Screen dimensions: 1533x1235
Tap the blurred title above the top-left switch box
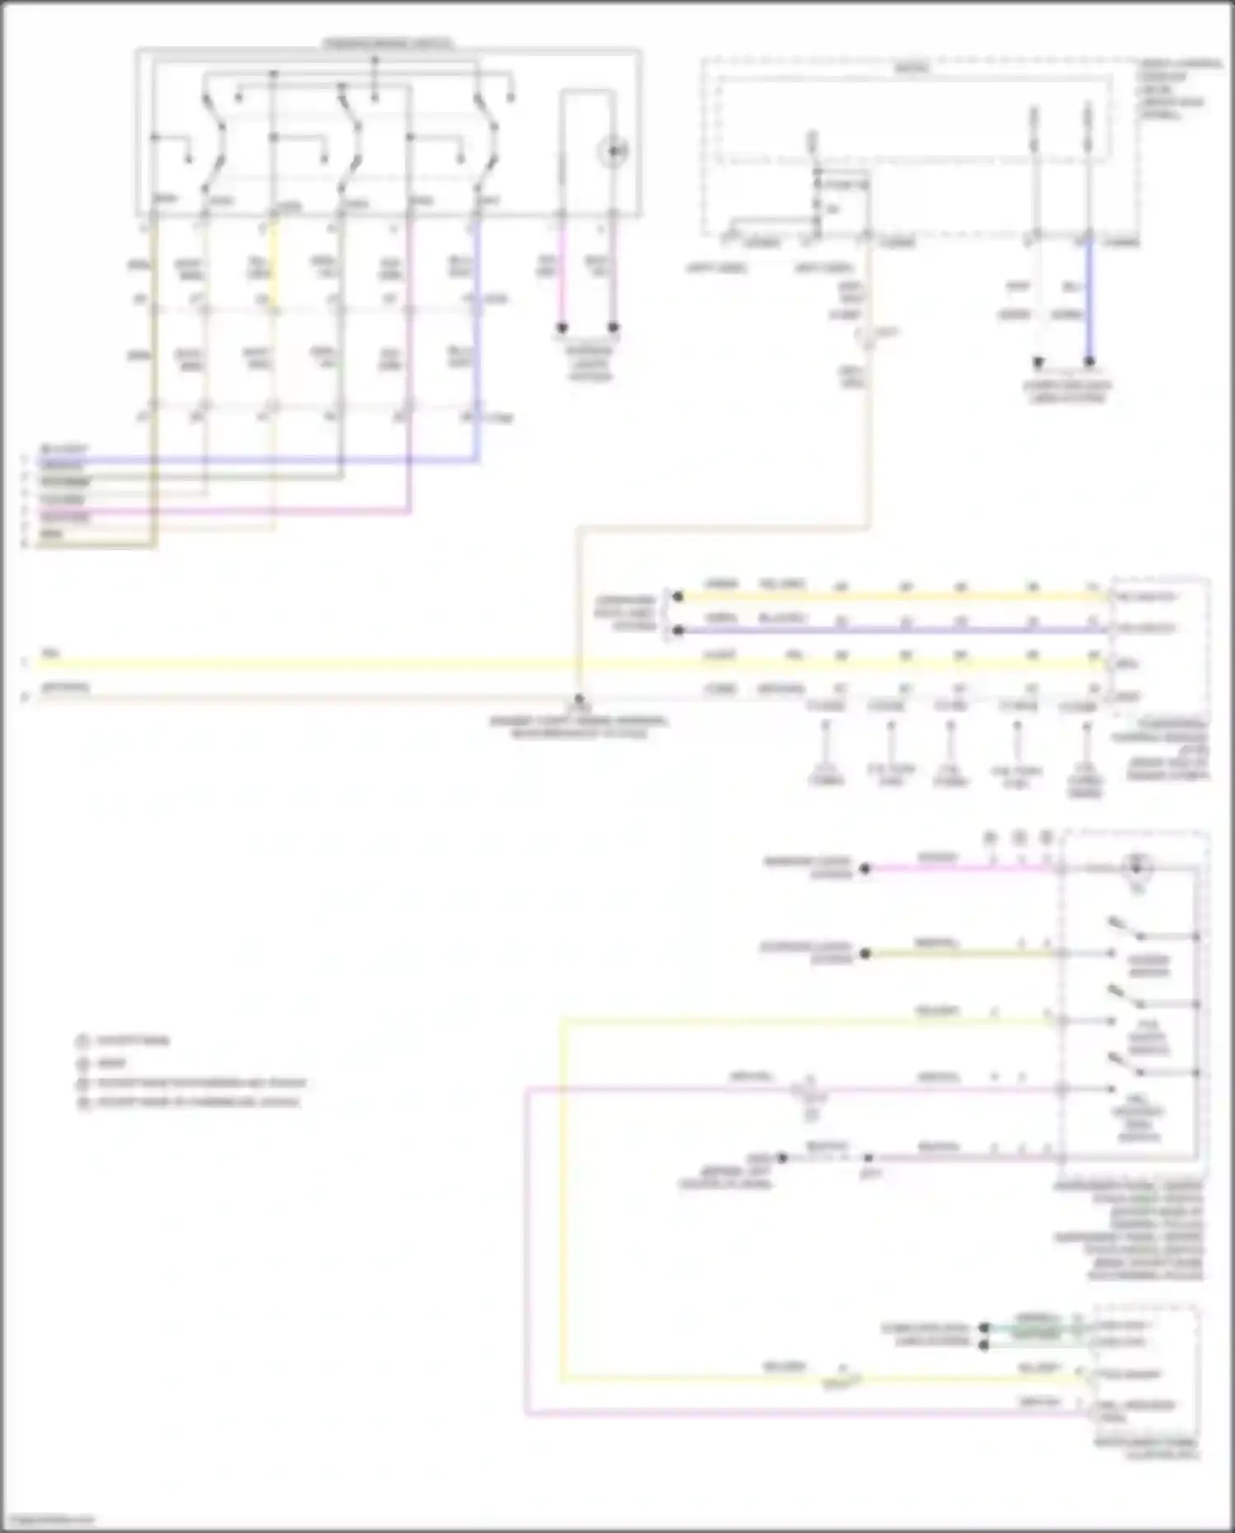point(388,43)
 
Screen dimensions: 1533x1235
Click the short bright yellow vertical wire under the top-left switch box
point(275,255)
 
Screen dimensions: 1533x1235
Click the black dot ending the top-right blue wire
point(1089,362)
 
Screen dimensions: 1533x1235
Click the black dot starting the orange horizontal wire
point(678,596)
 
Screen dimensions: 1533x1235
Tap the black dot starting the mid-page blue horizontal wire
point(678,631)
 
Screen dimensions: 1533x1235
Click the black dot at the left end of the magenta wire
point(865,868)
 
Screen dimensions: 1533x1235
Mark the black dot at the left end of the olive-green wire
point(865,954)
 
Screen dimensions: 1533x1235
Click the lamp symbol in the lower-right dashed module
point(1137,867)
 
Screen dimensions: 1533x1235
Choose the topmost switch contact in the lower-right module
point(1127,928)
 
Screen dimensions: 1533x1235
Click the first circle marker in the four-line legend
point(82,1041)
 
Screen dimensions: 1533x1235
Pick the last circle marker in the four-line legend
point(82,1103)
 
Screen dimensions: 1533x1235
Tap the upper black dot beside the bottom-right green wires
point(983,1328)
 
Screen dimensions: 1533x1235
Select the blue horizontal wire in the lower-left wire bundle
point(247,460)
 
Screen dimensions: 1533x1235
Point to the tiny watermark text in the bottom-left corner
point(48,1520)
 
